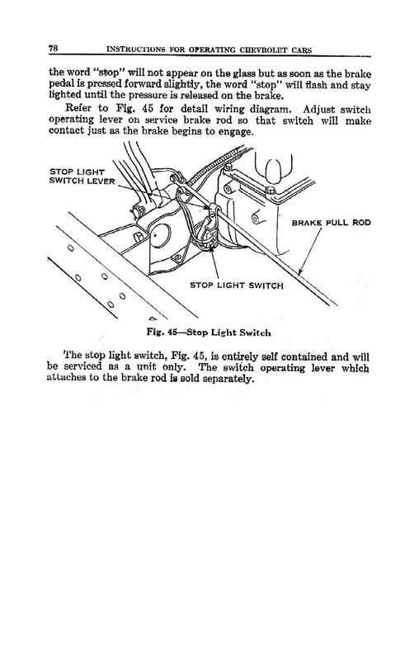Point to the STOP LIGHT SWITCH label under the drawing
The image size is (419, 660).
(x=238, y=286)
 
